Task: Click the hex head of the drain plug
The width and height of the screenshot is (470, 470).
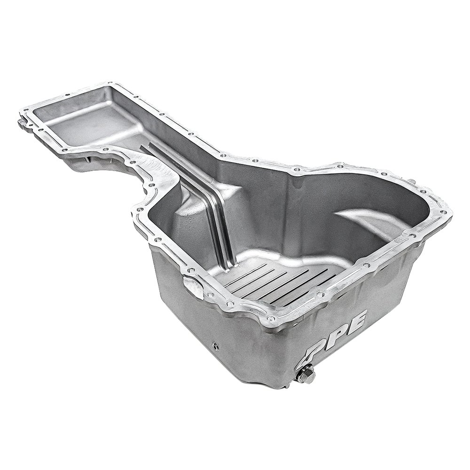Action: [x=306, y=376]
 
